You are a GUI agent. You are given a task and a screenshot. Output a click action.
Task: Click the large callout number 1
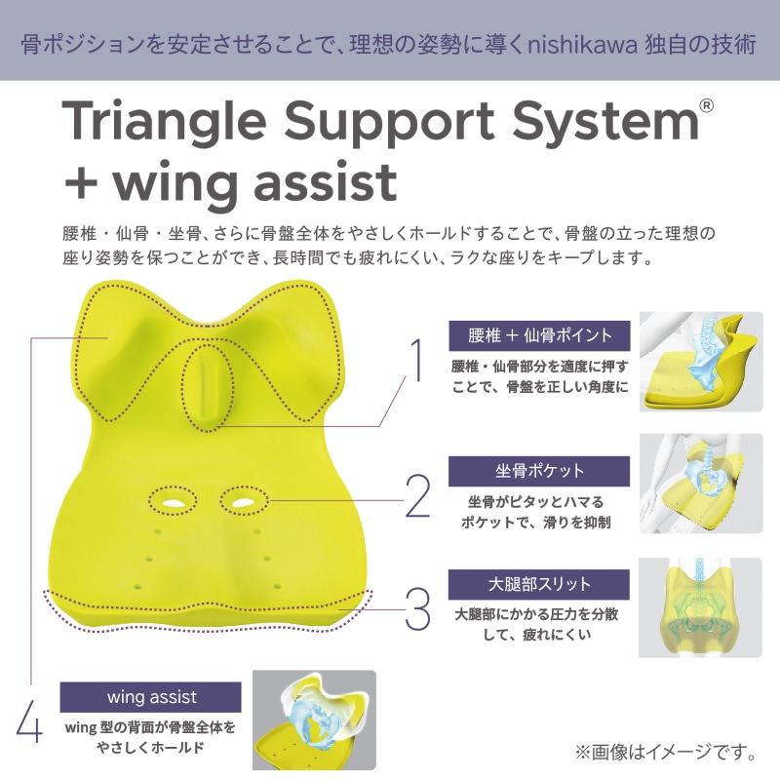tap(418, 360)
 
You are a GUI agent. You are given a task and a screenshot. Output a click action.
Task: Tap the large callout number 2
tap(418, 495)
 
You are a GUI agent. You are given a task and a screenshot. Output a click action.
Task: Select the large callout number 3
tap(418, 608)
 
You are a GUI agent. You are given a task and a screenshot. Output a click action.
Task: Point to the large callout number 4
tap(29, 721)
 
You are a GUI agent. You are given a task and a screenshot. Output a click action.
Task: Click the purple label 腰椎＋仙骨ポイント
tap(539, 335)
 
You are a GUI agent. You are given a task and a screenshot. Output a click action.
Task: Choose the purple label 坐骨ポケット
tap(539, 471)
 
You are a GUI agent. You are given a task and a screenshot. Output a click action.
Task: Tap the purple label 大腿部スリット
tap(539, 584)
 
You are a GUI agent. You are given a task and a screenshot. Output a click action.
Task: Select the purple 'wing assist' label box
tap(151, 697)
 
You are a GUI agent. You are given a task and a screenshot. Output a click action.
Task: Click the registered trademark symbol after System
tap(706, 106)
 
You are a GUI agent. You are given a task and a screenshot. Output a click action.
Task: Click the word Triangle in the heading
tap(163, 122)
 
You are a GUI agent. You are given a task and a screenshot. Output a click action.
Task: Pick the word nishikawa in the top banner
tap(582, 45)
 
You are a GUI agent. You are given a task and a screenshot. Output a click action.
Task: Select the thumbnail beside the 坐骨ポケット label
tap(701, 484)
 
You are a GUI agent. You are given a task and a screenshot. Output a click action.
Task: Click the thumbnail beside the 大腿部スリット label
tap(700, 607)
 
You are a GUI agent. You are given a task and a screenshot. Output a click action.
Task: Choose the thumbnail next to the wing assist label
tap(314, 720)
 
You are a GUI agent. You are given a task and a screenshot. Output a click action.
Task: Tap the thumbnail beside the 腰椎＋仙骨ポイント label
tap(701, 362)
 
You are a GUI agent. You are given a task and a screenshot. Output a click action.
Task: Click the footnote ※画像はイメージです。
tap(666, 752)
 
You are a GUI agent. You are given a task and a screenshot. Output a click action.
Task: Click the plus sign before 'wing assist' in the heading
tap(81, 182)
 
